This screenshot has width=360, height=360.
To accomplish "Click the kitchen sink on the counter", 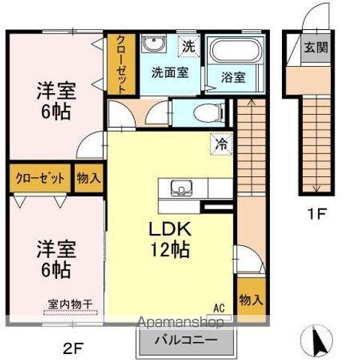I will pos(179,187).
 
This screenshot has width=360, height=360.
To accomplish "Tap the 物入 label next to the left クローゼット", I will pos(89,178).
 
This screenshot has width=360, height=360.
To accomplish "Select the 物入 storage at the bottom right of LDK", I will pos(250,298).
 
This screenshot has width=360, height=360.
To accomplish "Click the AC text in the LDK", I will pos(218,307).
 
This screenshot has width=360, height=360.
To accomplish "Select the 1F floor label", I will pos(318,213).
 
